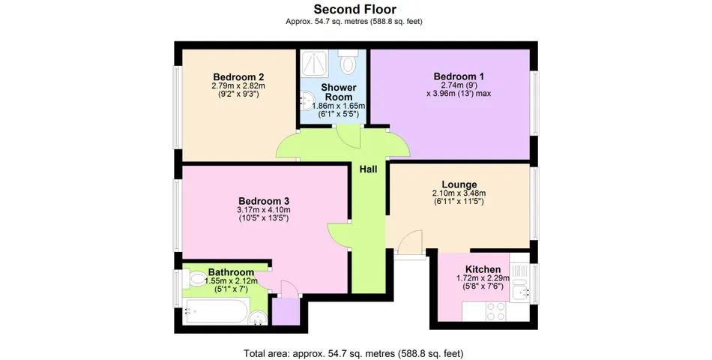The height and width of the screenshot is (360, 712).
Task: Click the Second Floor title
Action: point(355,9)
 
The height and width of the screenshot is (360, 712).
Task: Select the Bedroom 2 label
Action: point(238,76)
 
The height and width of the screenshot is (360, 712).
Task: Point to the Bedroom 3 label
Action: point(264,200)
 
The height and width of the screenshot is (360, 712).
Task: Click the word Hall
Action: point(368,169)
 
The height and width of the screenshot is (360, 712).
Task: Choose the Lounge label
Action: point(459,184)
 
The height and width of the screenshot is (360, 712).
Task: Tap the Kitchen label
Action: point(483,269)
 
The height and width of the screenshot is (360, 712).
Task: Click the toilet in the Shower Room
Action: point(349,61)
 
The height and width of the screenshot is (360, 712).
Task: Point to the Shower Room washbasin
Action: point(306,100)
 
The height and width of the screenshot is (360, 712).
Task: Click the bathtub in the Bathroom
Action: point(217,311)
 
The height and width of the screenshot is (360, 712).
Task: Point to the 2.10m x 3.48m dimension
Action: point(459,193)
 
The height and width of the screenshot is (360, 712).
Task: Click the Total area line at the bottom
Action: point(354,353)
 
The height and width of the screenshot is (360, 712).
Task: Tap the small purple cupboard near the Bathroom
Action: point(286,311)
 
